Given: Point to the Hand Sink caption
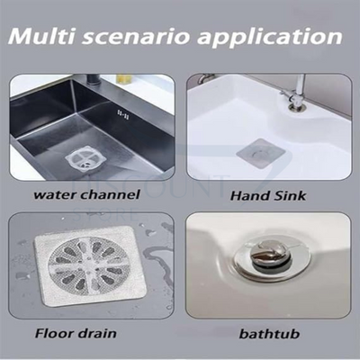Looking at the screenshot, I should (268, 195).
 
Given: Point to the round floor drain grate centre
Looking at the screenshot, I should (88, 263).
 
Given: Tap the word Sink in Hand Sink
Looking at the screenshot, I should (290, 195).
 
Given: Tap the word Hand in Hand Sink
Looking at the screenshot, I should (247, 195).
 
